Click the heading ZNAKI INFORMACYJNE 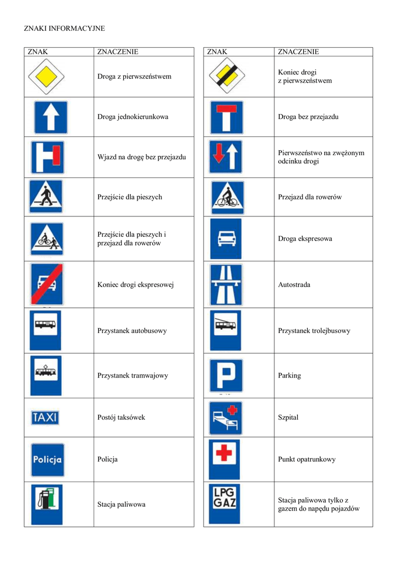(64, 28)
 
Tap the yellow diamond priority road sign (47, 76)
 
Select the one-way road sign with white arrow (50, 117)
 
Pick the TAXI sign (45, 417)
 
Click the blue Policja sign (47, 460)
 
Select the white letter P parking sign (226, 375)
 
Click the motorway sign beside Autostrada (226, 285)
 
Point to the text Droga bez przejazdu (308, 117)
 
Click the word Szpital (289, 417)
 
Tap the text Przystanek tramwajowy (133, 376)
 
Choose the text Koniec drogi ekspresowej (135, 285)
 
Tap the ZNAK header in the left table (38, 52)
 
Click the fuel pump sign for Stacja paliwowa (47, 504)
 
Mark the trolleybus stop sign (225, 330)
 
